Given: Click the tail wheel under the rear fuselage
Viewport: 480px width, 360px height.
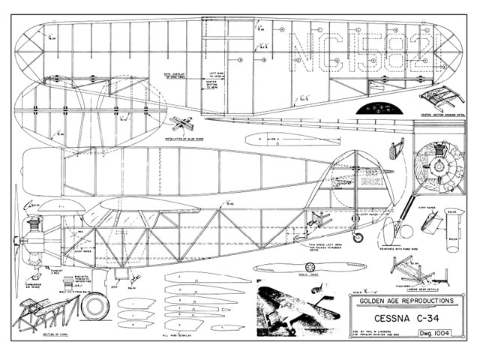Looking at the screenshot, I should (x=358, y=238).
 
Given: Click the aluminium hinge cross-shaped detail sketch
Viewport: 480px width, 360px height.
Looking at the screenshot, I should (x=183, y=125).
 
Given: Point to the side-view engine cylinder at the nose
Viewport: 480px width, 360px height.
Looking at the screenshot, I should (x=33, y=224).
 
